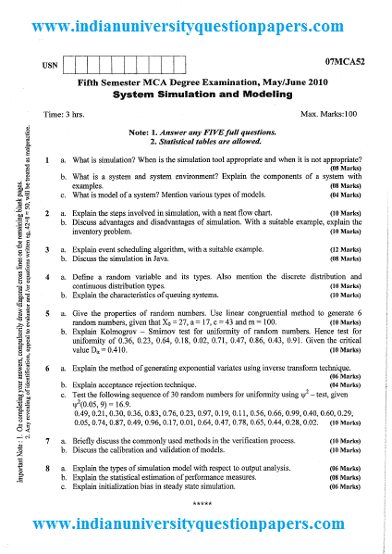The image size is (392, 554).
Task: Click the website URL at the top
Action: [196, 27]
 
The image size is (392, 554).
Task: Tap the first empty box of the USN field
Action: [76, 65]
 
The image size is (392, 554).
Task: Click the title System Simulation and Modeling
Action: [195, 94]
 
